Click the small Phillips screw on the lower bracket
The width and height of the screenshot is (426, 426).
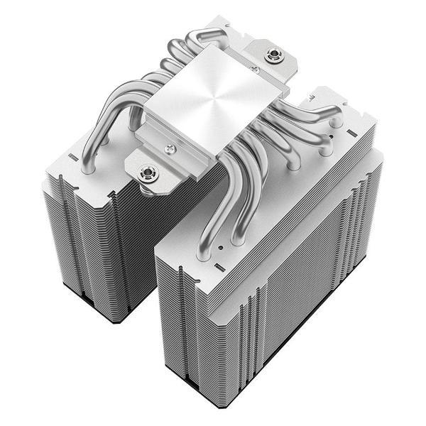point(170,148)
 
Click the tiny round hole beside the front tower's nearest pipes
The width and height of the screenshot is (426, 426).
point(222,248)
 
